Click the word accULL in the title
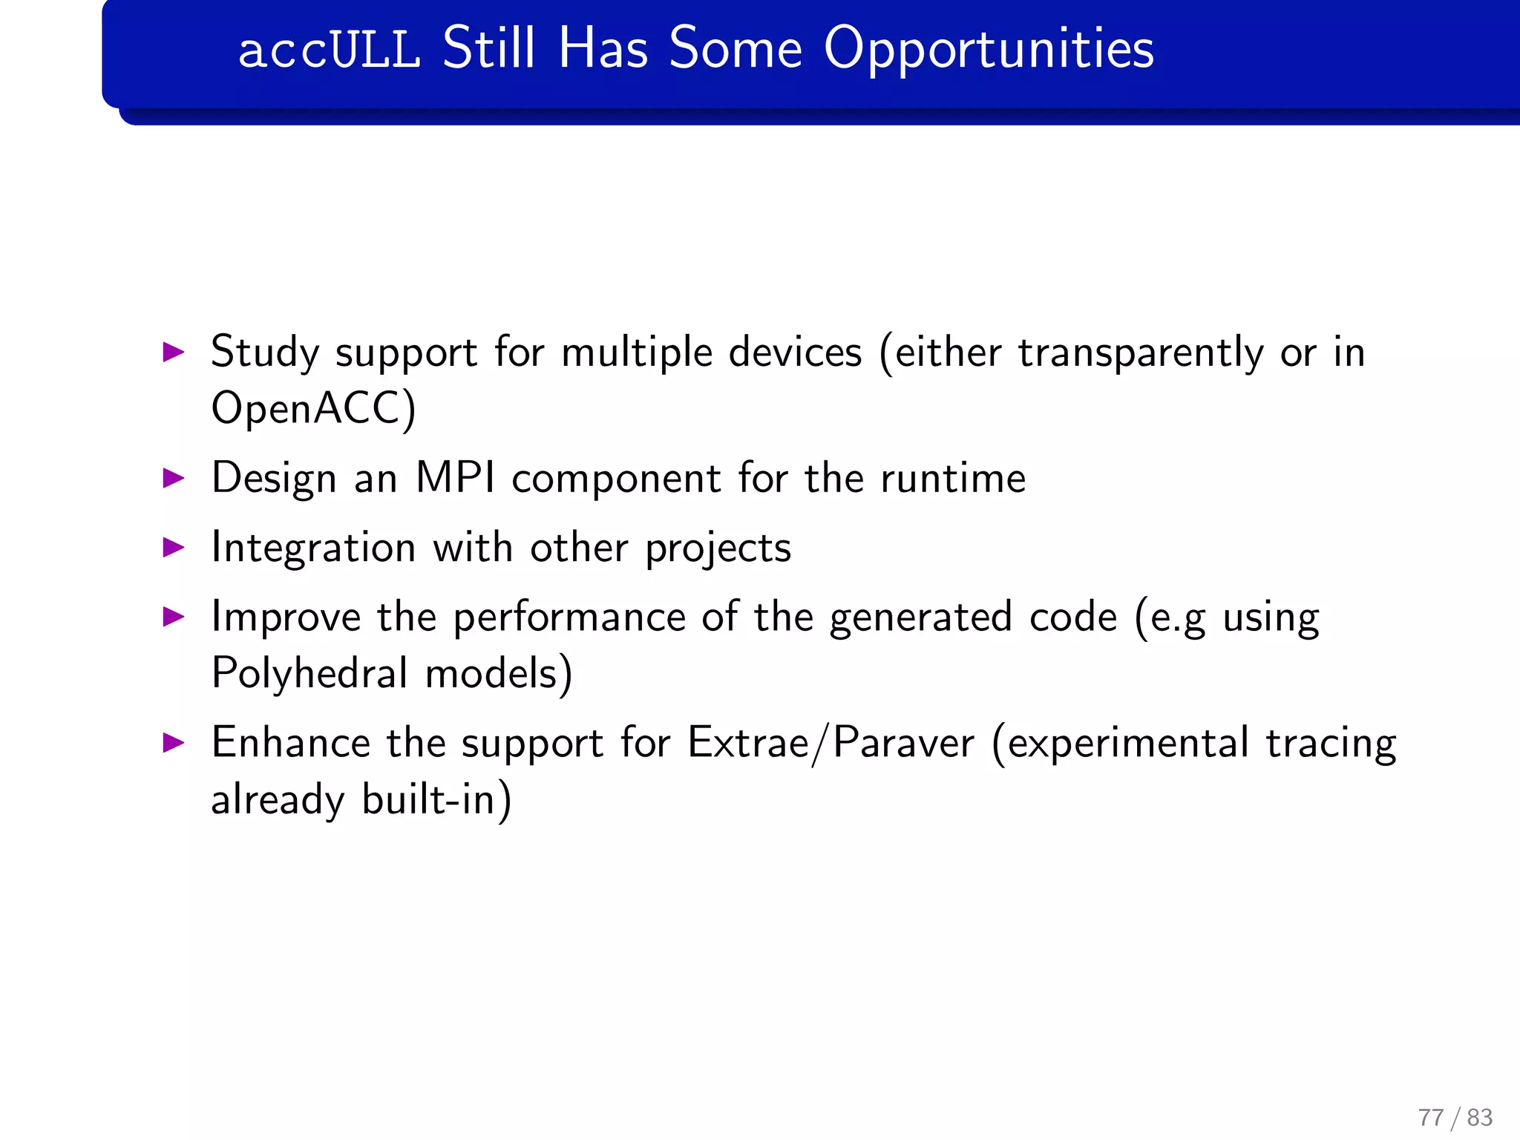coord(329,49)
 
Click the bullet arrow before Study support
coord(173,352)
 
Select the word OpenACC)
coord(313,409)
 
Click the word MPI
coord(455,477)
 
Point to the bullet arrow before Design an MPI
coord(173,477)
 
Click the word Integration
coord(313,548)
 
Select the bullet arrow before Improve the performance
coord(173,616)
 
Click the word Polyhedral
coord(309,673)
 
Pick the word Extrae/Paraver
coord(831,742)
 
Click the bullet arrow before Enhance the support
coord(173,742)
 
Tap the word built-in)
coord(436,799)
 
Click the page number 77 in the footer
coord(1430,1117)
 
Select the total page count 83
coord(1479,1117)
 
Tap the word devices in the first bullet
coord(795,352)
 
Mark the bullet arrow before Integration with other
coord(173,548)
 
